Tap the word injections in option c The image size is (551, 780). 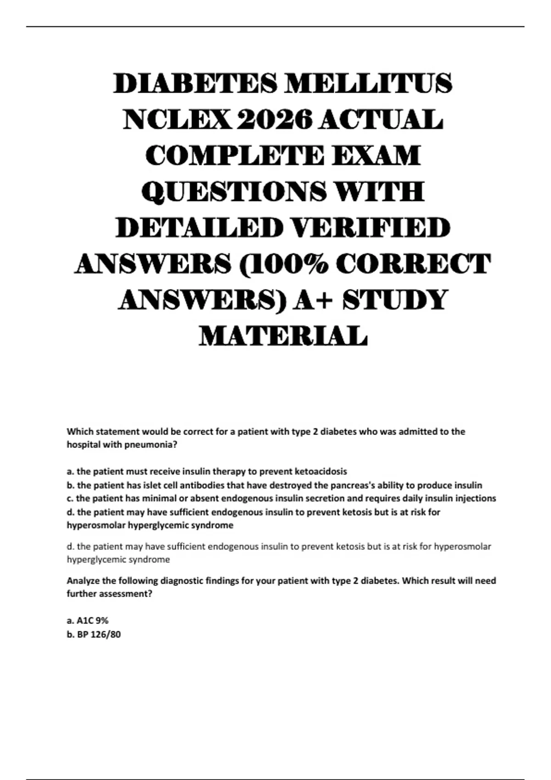(x=475, y=498)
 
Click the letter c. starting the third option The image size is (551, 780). (x=70, y=498)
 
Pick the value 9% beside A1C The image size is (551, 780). (x=102, y=620)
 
